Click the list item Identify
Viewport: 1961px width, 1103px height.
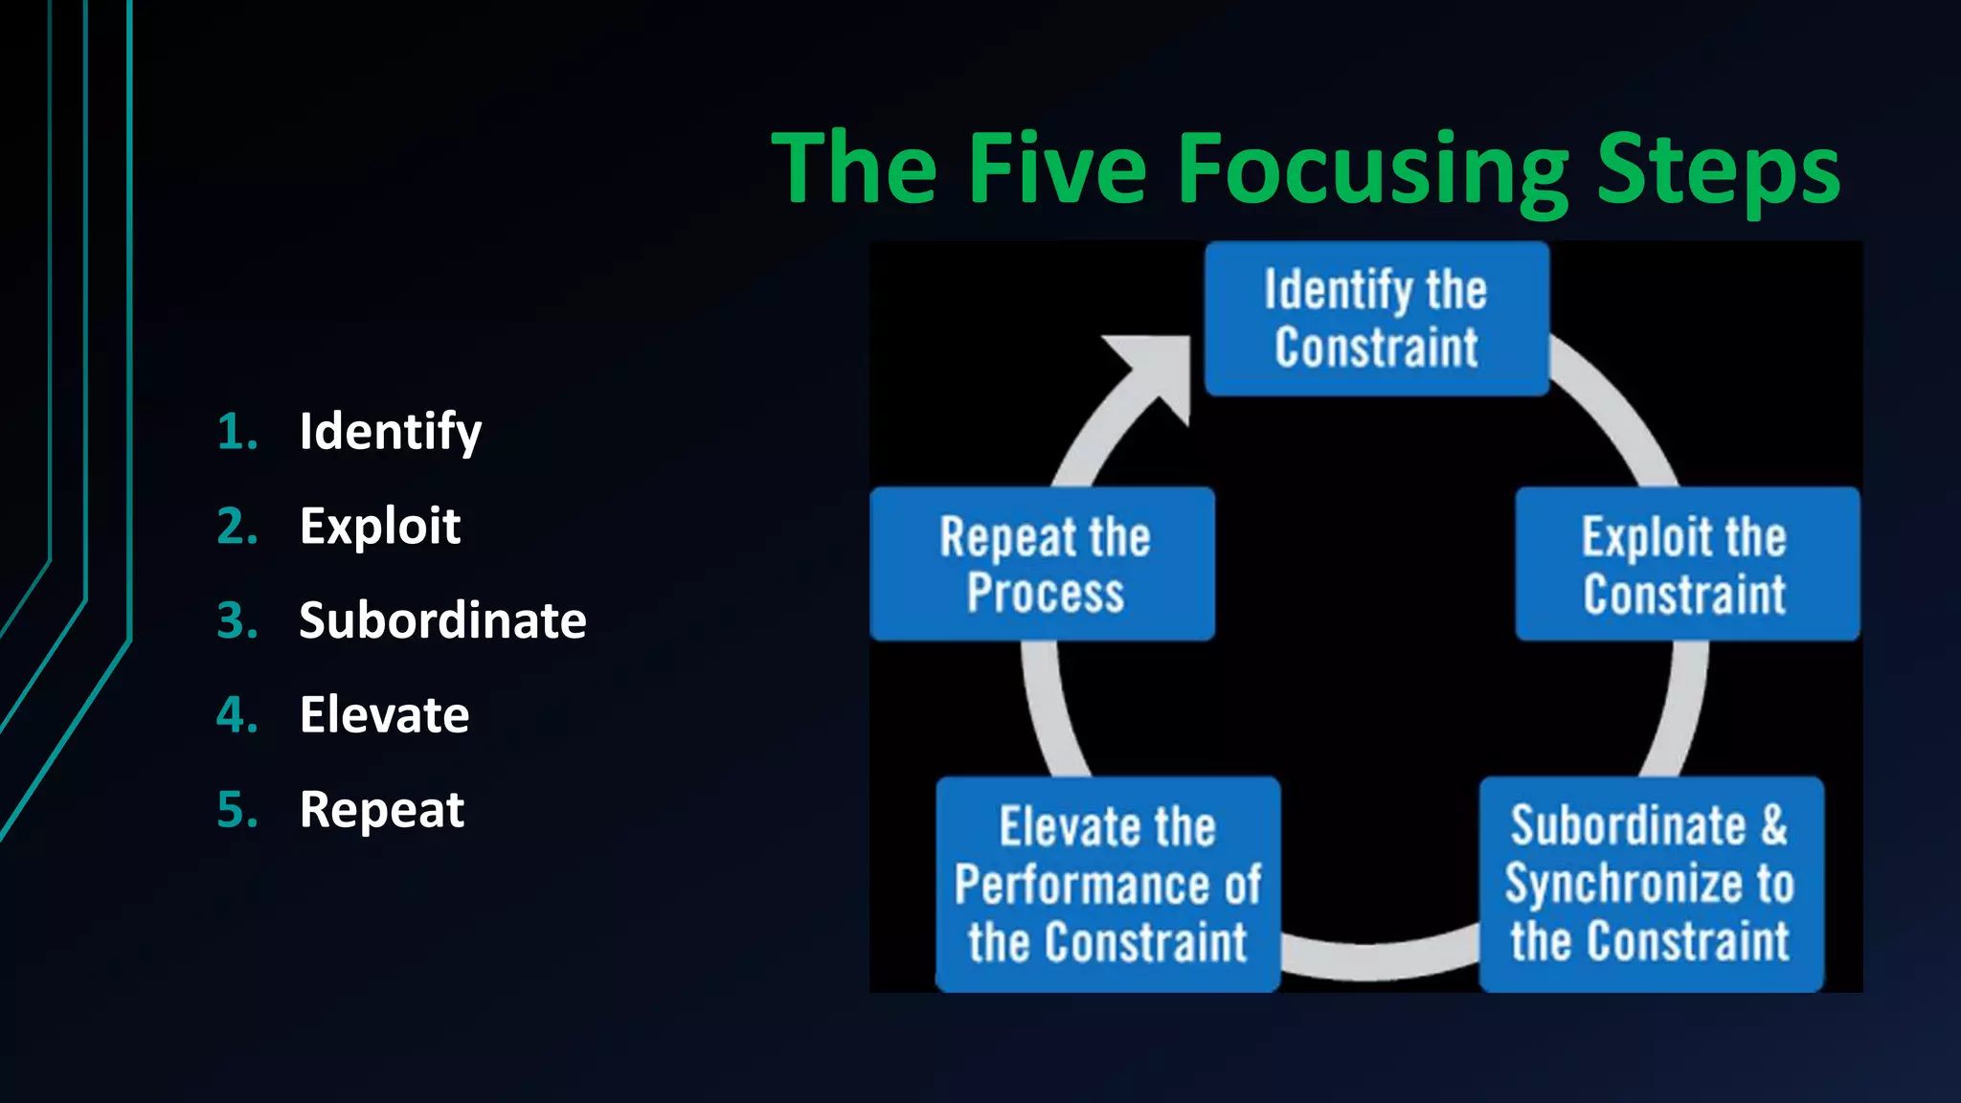coord(390,432)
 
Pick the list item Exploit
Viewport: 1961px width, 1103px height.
coord(379,526)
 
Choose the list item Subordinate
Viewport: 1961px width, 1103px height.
coord(442,620)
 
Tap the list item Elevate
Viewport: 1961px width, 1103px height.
coord(384,714)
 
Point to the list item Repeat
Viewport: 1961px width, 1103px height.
coord(381,810)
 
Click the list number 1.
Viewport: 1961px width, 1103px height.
coord(237,432)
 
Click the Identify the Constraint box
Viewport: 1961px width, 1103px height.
coord(1376,319)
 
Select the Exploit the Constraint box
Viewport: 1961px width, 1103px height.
coord(1686,564)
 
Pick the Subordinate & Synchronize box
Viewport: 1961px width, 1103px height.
coord(1650,884)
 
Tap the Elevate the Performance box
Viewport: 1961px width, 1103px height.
coord(1107,884)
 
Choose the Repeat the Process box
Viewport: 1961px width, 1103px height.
coord(1043,564)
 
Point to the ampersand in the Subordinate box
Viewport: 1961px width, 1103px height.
coord(1773,825)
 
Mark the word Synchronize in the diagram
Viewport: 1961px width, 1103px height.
coord(1626,885)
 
